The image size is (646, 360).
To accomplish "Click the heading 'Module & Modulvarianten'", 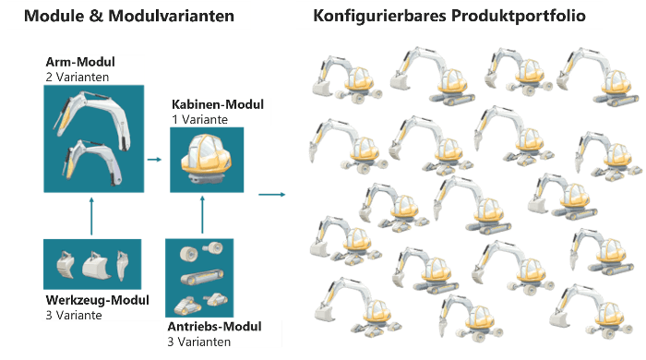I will click(x=136, y=16).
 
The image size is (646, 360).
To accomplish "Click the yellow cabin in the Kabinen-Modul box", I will click(x=207, y=158).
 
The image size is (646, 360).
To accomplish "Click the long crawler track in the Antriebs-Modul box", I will click(x=200, y=278).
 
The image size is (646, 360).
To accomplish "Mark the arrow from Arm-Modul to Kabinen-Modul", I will click(x=154, y=159).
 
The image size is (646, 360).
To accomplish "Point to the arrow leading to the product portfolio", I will click(x=269, y=195).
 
